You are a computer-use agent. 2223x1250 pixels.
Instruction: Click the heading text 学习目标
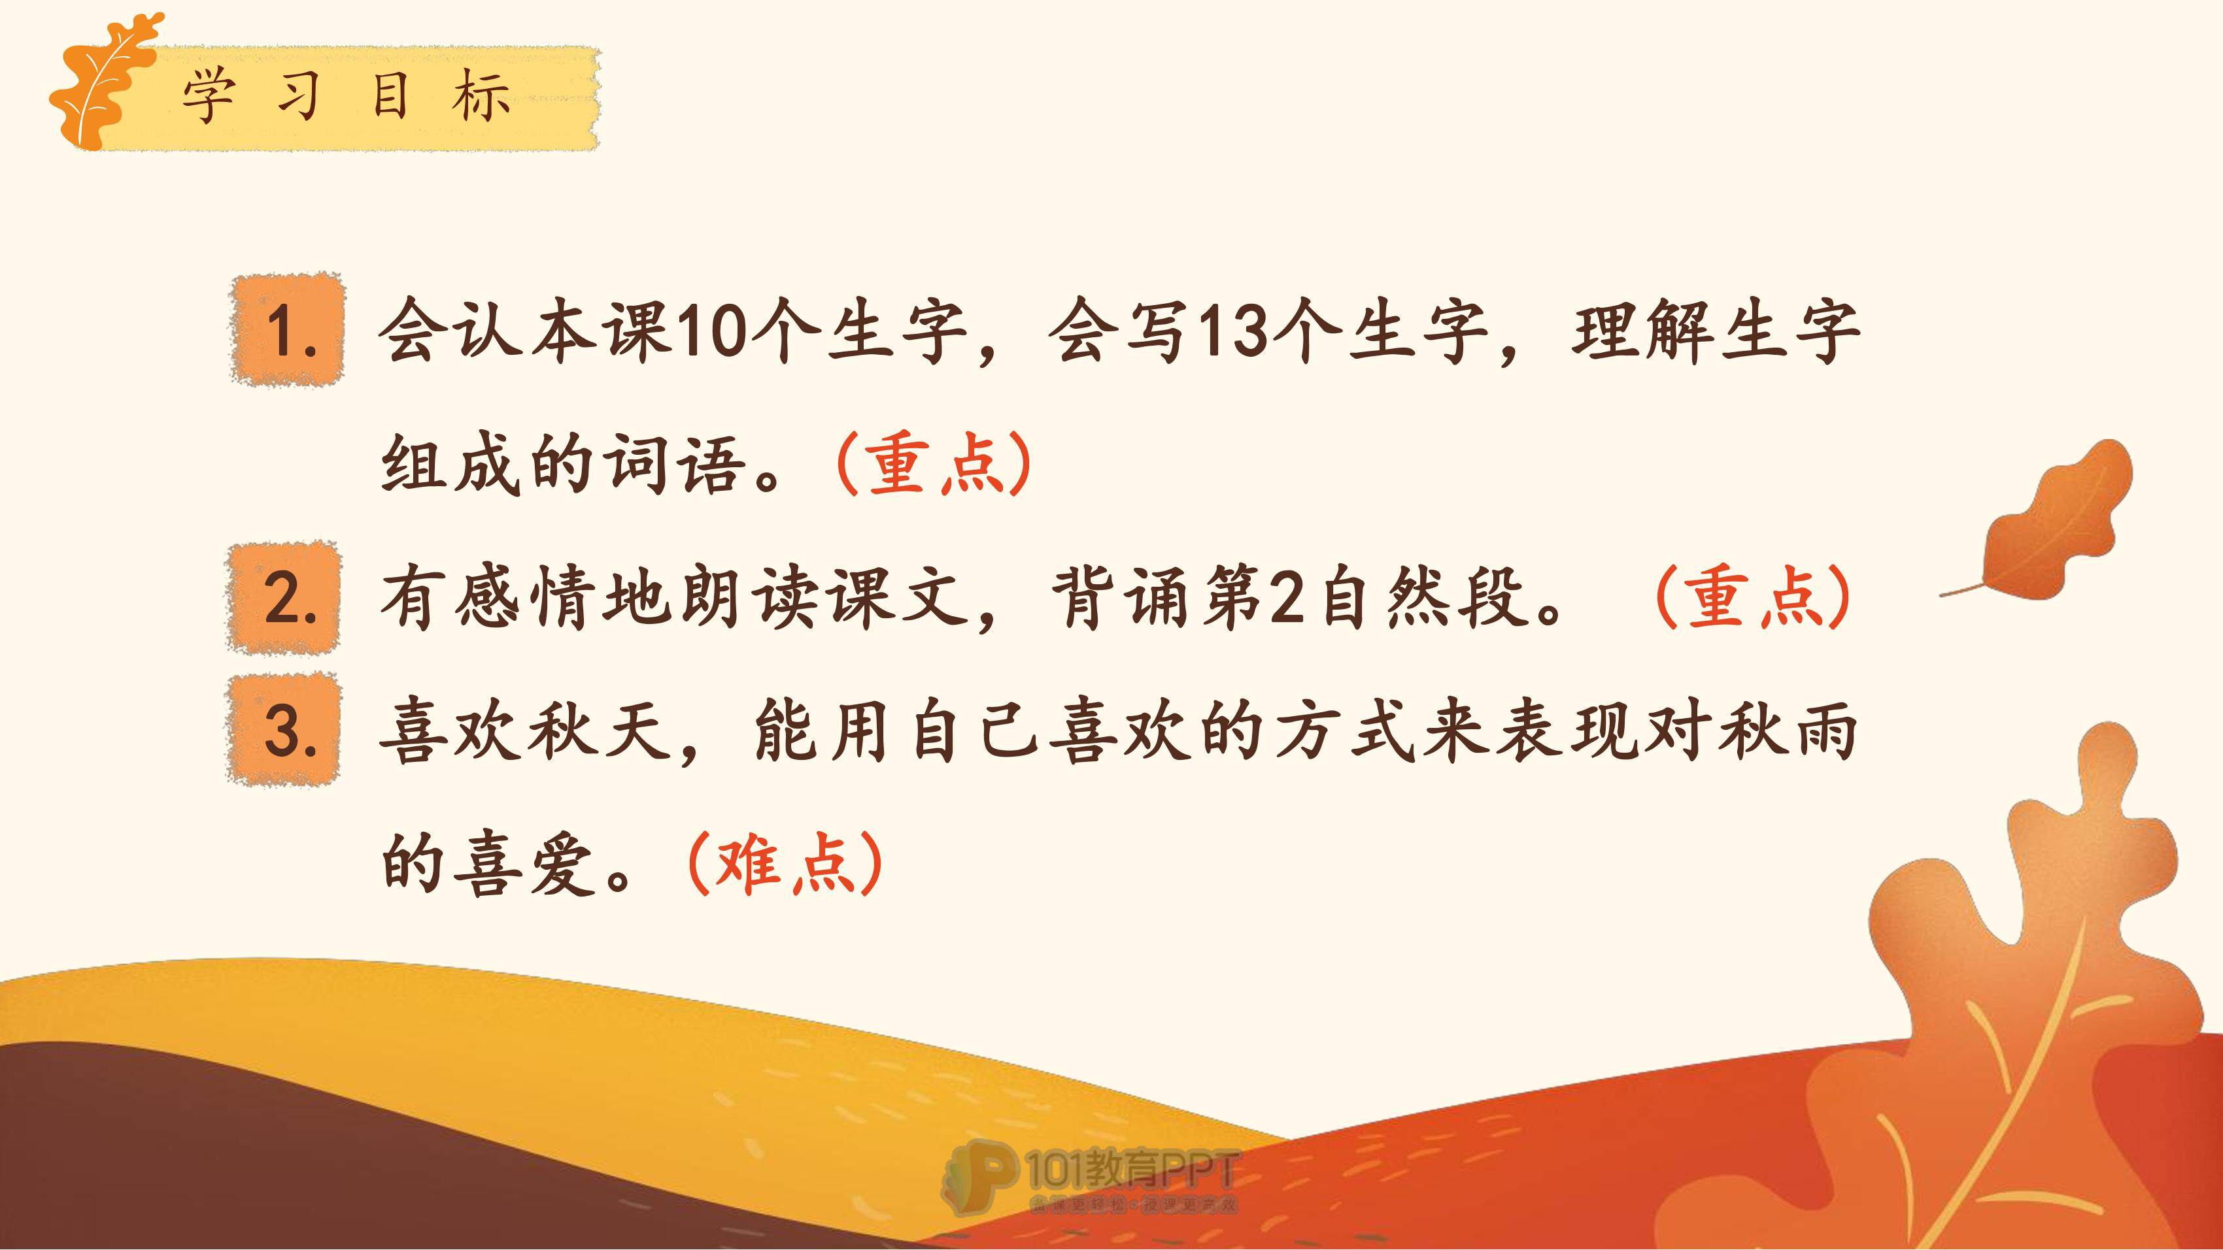(x=346, y=97)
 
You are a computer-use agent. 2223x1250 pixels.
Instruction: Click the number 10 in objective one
(x=713, y=331)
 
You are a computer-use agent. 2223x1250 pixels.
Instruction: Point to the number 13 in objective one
(x=1235, y=331)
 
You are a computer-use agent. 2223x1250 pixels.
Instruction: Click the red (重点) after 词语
(x=934, y=463)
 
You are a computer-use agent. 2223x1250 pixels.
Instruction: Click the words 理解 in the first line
(x=1643, y=331)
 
